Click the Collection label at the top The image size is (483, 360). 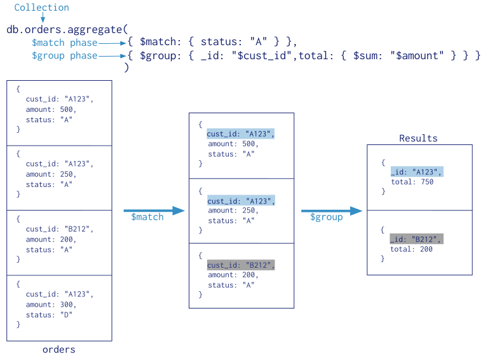click(x=41, y=8)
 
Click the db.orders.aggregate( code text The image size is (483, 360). click(x=67, y=29)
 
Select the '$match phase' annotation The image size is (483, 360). click(x=64, y=43)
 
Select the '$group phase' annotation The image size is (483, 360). click(x=64, y=56)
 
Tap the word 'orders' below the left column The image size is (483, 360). click(x=58, y=349)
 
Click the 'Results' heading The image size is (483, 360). click(x=418, y=138)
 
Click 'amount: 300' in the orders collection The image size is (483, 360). click(x=51, y=305)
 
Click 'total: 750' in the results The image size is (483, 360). click(x=412, y=182)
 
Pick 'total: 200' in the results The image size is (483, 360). click(x=412, y=249)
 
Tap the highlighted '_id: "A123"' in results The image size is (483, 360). click(x=416, y=172)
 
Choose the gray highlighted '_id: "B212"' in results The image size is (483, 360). click(x=416, y=239)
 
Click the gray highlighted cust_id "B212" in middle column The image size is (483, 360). click(x=241, y=265)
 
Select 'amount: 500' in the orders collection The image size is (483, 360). click(x=51, y=109)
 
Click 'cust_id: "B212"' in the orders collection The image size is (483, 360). click(x=60, y=229)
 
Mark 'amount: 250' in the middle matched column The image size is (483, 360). click(x=232, y=211)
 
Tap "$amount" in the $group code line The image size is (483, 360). click(x=415, y=56)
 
